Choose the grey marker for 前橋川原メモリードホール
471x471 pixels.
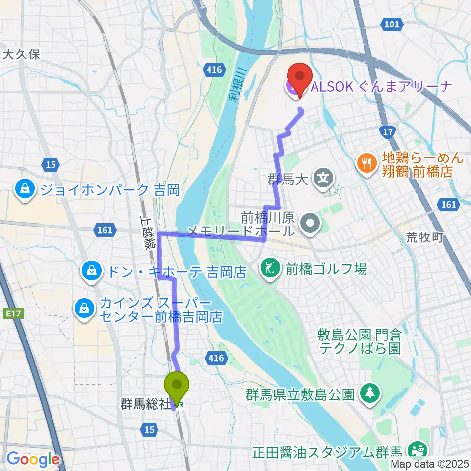[310, 223]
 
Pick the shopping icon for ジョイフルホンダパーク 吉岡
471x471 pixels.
[23, 189]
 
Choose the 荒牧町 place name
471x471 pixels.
[425, 237]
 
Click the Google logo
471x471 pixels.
[33, 459]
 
